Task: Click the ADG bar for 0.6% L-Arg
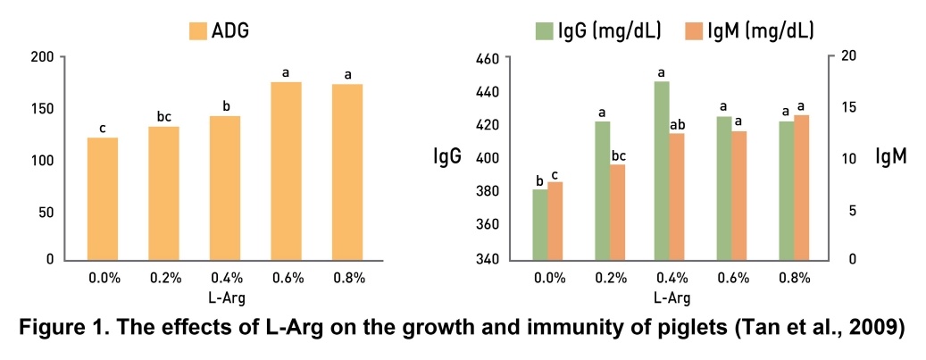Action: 286,171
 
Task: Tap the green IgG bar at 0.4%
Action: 662,170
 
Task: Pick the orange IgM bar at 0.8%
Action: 801,187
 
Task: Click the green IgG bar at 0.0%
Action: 539,224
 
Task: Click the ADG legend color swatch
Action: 198,32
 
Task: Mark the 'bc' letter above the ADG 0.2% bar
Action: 163,115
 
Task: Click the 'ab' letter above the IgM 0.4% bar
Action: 677,123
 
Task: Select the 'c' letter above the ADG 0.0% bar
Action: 103,127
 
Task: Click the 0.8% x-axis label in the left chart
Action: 347,279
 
